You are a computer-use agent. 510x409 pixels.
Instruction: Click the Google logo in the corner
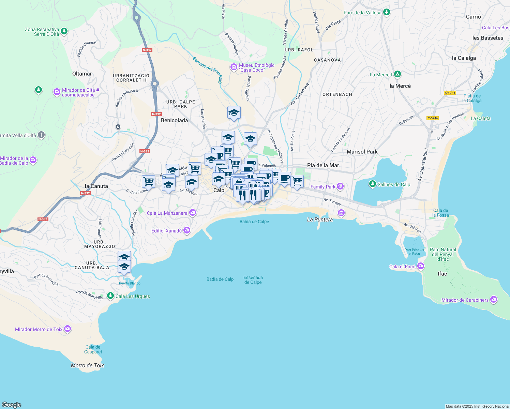(x=12, y=405)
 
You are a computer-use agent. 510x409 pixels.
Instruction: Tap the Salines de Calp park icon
(x=373, y=184)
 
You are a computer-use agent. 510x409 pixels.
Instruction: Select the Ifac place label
(x=442, y=274)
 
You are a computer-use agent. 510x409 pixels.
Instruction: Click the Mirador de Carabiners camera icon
(x=494, y=300)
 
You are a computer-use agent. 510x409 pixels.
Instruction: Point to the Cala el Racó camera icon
(x=421, y=266)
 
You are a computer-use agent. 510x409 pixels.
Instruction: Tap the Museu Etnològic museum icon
(x=234, y=67)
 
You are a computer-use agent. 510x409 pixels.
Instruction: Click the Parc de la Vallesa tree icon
(x=386, y=13)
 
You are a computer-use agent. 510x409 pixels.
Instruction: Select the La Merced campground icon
(x=397, y=74)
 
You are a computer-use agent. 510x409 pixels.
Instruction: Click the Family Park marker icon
(x=340, y=186)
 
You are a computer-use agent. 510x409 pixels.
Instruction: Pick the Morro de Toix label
(x=87, y=365)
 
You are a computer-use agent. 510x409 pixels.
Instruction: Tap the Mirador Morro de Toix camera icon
(x=67, y=329)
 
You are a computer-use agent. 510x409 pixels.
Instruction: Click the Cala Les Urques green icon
(x=110, y=296)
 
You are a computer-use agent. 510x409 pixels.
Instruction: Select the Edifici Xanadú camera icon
(x=186, y=230)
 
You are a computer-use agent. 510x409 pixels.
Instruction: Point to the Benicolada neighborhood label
(x=174, y=120)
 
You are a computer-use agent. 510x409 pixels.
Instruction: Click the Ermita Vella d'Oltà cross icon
(x=41, y=135)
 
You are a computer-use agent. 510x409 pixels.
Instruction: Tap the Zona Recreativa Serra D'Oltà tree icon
(x=64, y=32)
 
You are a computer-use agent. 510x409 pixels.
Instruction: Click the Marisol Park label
(x=362, y=152)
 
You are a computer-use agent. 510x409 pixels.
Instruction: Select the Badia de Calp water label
(x=220, y=279)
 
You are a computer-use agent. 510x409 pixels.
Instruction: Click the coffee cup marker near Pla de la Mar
(x=284, y=178)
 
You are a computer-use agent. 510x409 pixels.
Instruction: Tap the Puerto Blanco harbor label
(x=130, y=283)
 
